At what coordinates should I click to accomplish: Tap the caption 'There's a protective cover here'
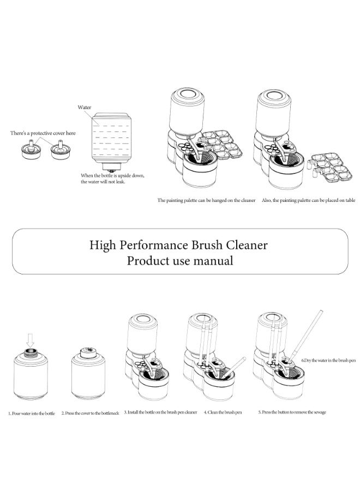43,133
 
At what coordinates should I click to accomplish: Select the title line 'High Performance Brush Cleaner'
178,244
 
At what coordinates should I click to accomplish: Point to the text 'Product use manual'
179,260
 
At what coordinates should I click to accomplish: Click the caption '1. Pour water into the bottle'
32,413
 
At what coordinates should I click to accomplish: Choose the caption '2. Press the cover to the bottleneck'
90,413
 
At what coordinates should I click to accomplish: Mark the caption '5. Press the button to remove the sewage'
292,412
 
